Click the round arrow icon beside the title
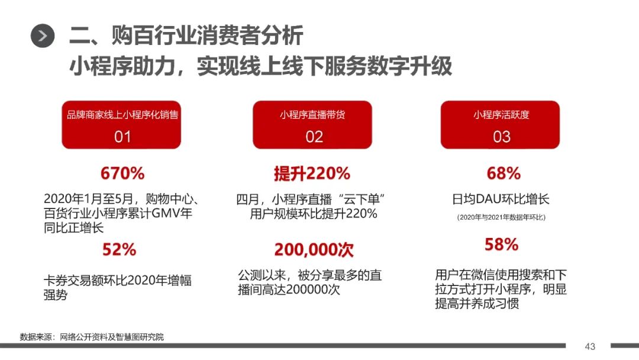pos(43,36)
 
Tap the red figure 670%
pos(122,173)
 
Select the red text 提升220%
pos(312,173)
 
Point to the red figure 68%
pos(504,173)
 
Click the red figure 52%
pos(119,249)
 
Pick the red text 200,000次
pos(314,249)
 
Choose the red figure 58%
pos(501,245)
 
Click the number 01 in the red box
pos(122,137)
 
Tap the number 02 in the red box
pos(314,137)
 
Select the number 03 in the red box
pos(501,137)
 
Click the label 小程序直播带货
pos(312,115)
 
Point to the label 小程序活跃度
pos(501,115)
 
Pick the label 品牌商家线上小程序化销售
pos(122,115)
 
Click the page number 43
pos(590,346)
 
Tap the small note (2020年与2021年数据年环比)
pos(501,217)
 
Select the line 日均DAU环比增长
pos(501,199)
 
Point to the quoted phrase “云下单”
pos(362,200)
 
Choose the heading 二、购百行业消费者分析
pos(186,35)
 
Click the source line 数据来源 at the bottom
pos(92,337)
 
